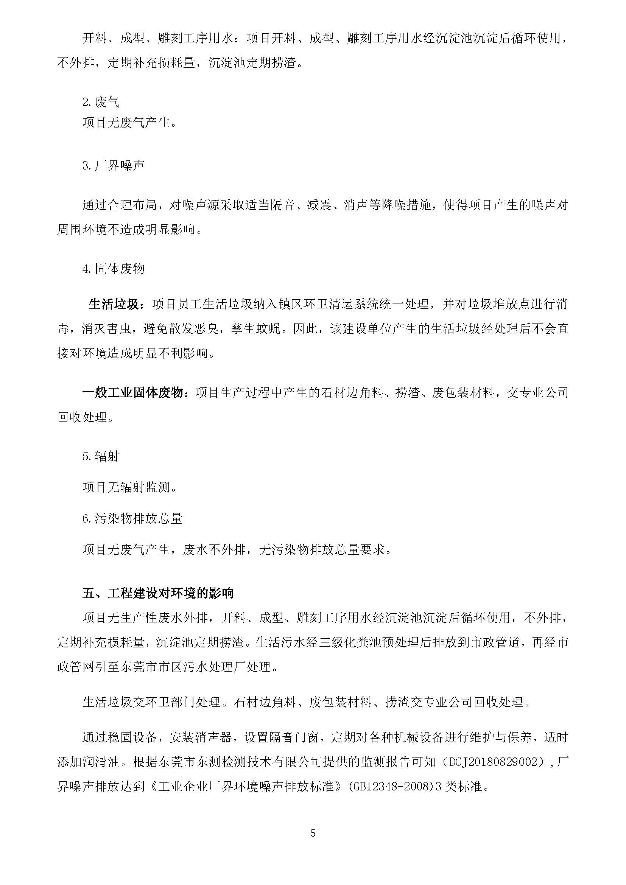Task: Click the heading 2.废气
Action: [101, 102]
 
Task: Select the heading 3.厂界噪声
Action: [113, 166]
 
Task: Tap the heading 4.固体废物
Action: [113, 269]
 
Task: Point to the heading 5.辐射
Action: [101, 456]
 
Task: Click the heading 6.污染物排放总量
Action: [132, 519]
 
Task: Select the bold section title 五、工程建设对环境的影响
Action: [158, 593]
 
